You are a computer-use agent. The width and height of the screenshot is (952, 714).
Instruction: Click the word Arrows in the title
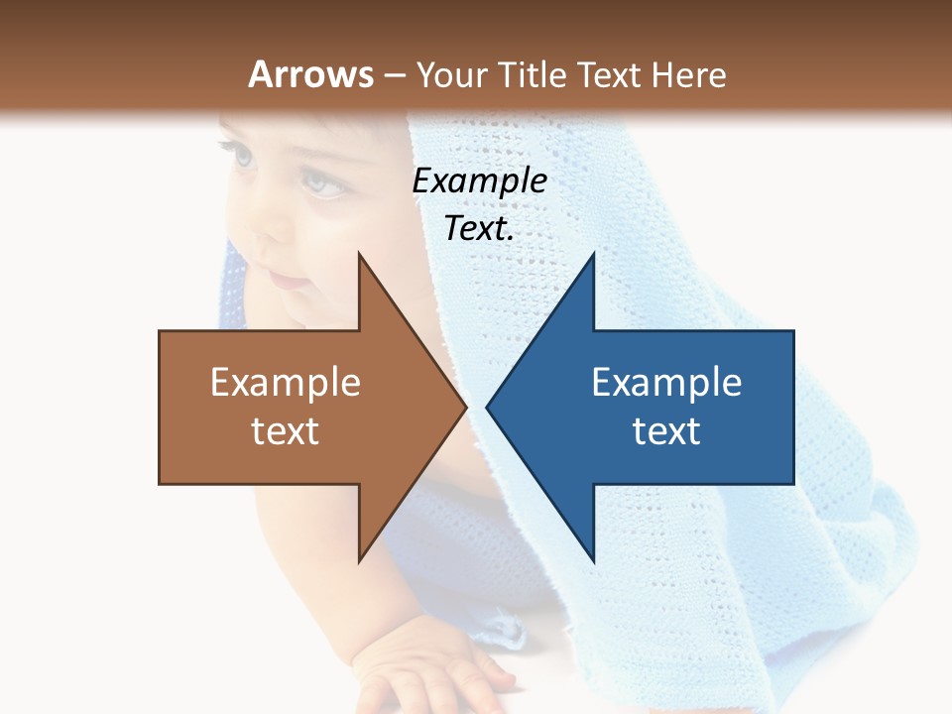coord(310,74)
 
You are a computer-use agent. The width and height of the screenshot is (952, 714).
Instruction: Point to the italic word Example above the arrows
coord(479,180)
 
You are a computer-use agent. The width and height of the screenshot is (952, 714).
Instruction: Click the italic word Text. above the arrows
coord(479,229)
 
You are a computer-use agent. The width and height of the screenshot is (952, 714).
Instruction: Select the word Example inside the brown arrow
coord(286,382)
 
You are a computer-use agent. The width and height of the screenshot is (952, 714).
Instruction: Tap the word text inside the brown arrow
coord(286,430)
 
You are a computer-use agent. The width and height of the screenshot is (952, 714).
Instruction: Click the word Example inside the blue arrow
coord(666,382)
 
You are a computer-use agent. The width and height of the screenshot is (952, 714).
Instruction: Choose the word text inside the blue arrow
coord(666,430)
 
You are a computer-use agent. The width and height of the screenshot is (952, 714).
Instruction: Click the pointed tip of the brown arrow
coord(465,407)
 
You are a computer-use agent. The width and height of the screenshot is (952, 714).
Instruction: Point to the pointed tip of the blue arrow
coord(488,407)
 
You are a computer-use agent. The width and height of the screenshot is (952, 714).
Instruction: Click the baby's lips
coord(289,281)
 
